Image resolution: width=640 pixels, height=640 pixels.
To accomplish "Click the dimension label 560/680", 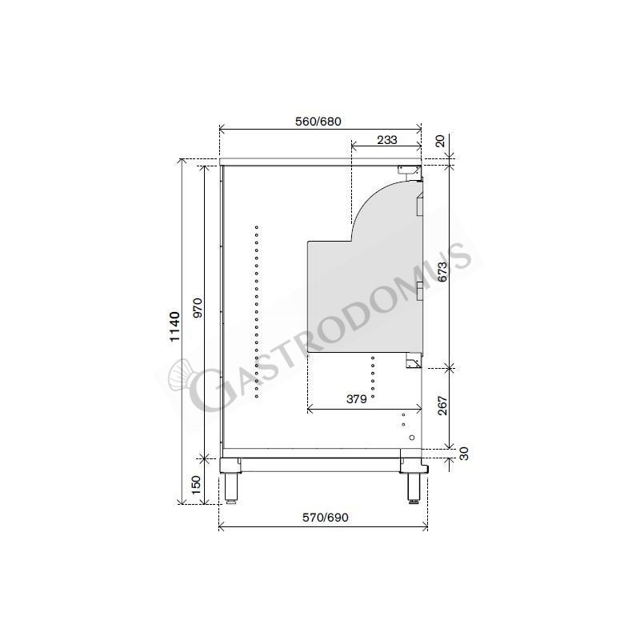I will (x=318, y=121).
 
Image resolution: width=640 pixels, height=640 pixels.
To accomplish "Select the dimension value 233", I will (x=386, y=139).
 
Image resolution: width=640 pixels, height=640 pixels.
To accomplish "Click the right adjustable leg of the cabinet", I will (x=415, y=482).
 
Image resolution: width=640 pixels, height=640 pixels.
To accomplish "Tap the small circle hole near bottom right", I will (x=412, y=438).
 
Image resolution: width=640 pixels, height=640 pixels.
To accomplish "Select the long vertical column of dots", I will (x=256, y=312).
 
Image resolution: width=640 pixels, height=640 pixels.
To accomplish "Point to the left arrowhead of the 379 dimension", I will (x=309, y=410).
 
